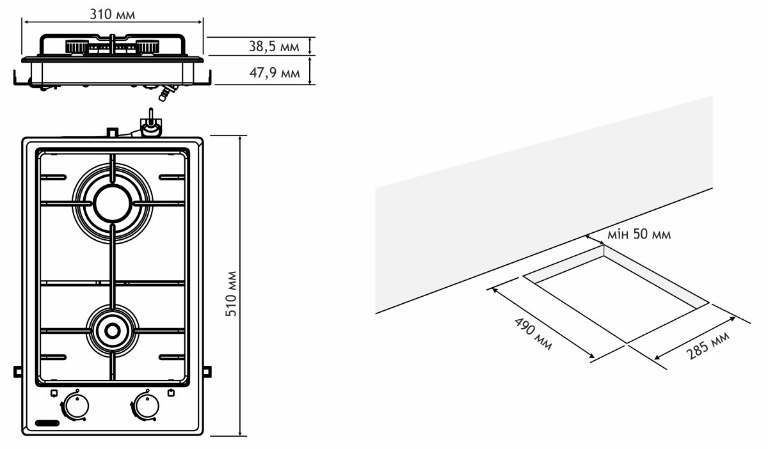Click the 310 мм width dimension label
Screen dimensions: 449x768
click(113, 14)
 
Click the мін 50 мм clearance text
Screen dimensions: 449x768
click(638, 235)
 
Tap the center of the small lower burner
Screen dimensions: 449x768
click(113, 331)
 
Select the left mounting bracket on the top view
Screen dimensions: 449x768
click(17, 370)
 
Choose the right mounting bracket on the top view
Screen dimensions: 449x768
click(208, 370)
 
